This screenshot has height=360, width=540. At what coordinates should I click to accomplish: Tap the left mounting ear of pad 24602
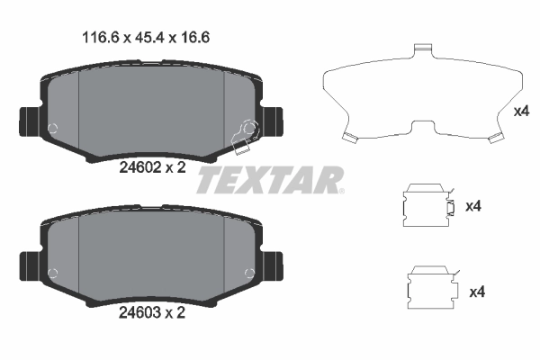pos(27,121)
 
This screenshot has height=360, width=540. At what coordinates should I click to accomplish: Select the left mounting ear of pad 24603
pos(27,265)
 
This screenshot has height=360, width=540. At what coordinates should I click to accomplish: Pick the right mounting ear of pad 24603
pos(273,265)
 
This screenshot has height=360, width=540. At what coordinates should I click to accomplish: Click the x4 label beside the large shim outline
pos(520,112)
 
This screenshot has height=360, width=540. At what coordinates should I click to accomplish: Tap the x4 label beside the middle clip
pos(473,206)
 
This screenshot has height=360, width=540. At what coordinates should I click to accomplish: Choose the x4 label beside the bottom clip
pos(478,292)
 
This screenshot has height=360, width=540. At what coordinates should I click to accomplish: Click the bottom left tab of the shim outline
pos(350,138)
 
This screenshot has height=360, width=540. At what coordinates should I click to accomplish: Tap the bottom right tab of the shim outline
pos(493,138)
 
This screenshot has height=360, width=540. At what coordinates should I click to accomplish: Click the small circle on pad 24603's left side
pos(55,271)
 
